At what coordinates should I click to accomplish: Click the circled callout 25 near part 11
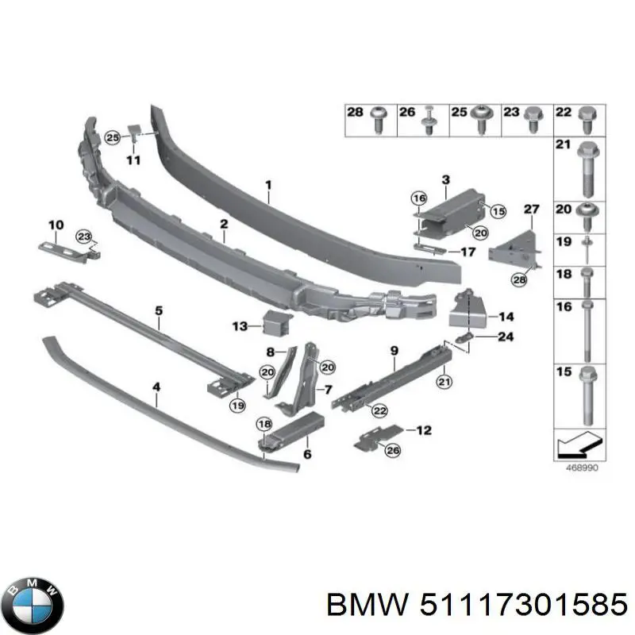coord(113,138)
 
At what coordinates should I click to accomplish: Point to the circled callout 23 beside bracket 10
coord(83,236)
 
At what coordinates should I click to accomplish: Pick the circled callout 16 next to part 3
coord(419,198)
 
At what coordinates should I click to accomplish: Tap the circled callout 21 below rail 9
coord(443,383)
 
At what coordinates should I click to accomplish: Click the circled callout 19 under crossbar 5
coord(237,406)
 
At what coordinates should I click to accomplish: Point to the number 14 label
coord(506,315)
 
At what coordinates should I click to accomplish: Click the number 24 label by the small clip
coord(505,337)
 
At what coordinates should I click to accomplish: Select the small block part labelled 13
coord(277,322)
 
